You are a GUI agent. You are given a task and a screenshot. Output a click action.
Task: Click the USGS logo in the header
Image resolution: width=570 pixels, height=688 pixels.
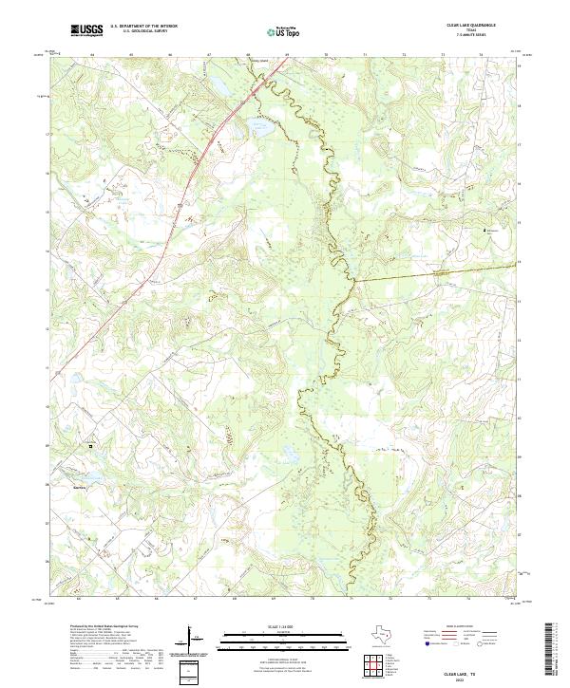click(87, 30)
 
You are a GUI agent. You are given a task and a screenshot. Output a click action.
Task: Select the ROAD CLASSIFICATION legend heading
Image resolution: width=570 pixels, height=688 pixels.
click(452, 627)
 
